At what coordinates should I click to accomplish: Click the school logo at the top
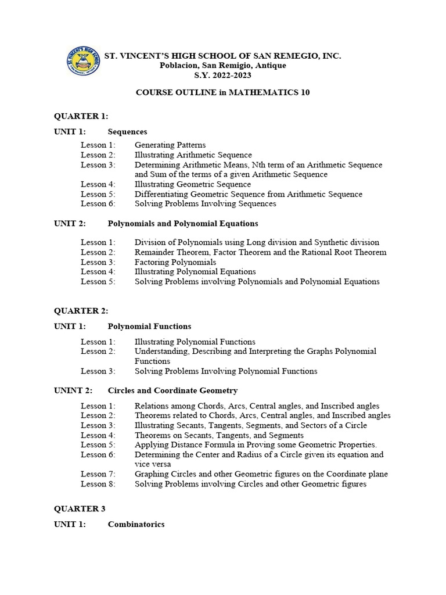(83, 61)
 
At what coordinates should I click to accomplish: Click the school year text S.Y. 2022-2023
(222, 76)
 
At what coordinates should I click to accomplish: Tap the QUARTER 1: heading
(81, 116)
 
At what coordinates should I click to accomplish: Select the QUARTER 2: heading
(81, 311)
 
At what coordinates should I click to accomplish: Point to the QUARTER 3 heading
(80, 509)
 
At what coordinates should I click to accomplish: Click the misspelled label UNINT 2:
(73, 390)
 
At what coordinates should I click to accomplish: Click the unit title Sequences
(127, 132)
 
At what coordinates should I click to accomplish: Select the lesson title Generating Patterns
(170, 145)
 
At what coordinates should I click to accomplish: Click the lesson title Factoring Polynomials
(175, 262)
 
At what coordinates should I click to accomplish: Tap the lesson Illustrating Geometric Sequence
(193, 184)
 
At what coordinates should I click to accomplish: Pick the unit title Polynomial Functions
(149, 326)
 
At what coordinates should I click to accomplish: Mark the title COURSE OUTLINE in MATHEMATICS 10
(222, 93)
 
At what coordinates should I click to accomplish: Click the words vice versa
(153, 464)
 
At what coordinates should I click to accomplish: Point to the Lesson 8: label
(98, 484)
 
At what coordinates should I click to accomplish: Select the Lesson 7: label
(98, 474)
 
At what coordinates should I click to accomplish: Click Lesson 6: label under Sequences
(98, 204)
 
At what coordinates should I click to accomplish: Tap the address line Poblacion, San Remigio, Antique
(222, 66)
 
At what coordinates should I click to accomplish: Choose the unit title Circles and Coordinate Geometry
(172, 390)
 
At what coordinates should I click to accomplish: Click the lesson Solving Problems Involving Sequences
(206, 204)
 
